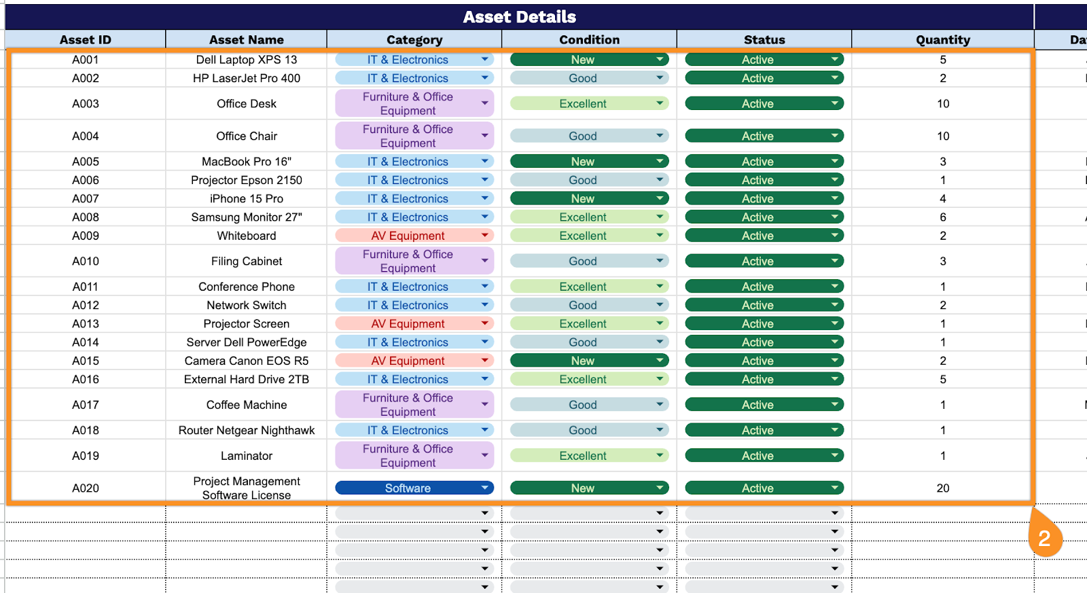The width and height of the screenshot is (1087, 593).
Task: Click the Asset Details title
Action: coord(519,17)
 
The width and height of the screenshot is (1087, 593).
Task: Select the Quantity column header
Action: coord(942,39)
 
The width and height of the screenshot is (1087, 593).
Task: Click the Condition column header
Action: coord(589,39)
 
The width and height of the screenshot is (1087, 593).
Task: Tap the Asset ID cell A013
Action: coord(86,324)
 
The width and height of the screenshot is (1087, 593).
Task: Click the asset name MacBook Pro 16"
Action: coord(247,162)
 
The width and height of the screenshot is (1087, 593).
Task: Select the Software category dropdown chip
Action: coord(408,488)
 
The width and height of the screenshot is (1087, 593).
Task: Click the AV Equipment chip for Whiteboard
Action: coord(408,236)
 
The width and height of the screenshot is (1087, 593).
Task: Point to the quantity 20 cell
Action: coord(942,488)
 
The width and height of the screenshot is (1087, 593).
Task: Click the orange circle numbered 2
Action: coord(1044,538)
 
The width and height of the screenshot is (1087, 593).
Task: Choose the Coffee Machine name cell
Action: coord(247,405)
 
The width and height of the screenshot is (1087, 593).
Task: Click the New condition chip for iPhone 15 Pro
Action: coord(583,198)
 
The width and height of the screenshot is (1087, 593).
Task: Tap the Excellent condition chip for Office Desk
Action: coord(583,104)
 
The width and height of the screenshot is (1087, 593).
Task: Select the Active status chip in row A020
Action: coord(758,488)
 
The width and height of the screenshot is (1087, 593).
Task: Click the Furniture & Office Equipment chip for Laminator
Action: coord(408,456)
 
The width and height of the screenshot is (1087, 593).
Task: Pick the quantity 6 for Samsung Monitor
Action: coord(942,217)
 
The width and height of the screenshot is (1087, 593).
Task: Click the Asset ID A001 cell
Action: coord(86,60)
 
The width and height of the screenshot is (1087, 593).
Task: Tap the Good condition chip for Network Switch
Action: coord(583,305)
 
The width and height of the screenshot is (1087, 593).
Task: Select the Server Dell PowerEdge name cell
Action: coord(247,342)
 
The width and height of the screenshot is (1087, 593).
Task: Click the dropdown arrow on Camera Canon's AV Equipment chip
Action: coord(485,361)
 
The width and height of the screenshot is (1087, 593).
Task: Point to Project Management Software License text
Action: coord(247,488)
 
